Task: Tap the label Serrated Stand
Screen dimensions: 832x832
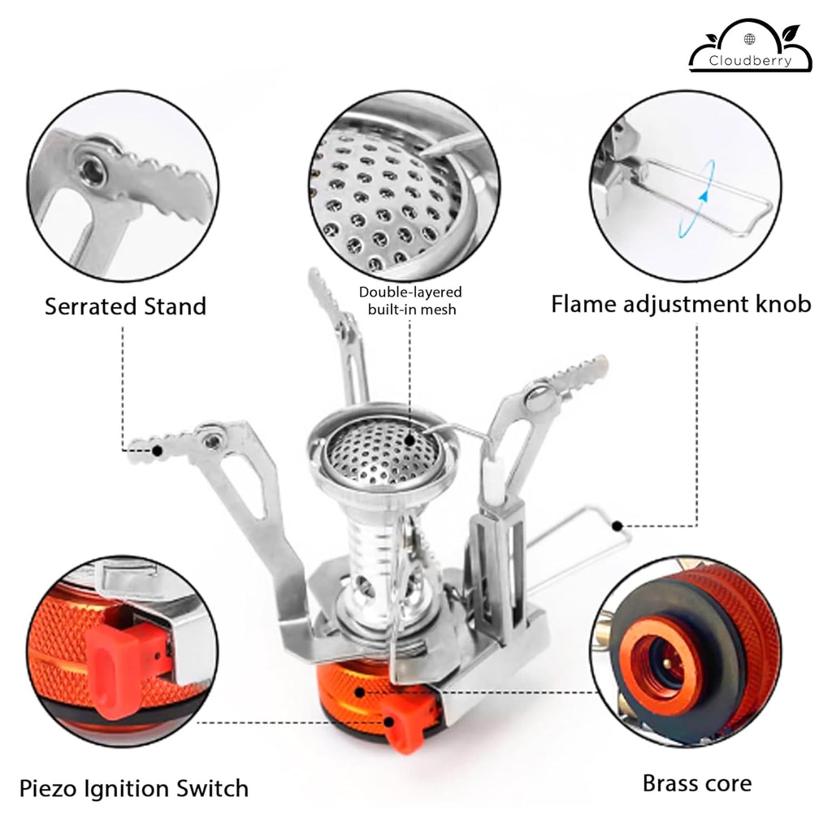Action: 125,306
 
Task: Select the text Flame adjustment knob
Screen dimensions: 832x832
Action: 681,305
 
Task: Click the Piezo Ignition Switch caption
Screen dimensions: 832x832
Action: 134,788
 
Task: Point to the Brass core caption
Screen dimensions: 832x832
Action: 696,783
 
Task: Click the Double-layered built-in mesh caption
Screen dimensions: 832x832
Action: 410,301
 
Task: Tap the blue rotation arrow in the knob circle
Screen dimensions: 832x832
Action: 696,198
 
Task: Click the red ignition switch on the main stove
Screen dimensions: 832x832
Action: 405,724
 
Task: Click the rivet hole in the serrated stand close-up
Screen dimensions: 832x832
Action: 89,171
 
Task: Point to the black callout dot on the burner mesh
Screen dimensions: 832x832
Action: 409,440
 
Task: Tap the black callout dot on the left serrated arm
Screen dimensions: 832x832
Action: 157,451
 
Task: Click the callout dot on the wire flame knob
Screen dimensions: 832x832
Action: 617,526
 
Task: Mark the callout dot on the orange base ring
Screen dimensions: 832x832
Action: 360,692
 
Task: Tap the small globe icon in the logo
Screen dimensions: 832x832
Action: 749,39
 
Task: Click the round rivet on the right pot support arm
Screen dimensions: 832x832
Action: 539,396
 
